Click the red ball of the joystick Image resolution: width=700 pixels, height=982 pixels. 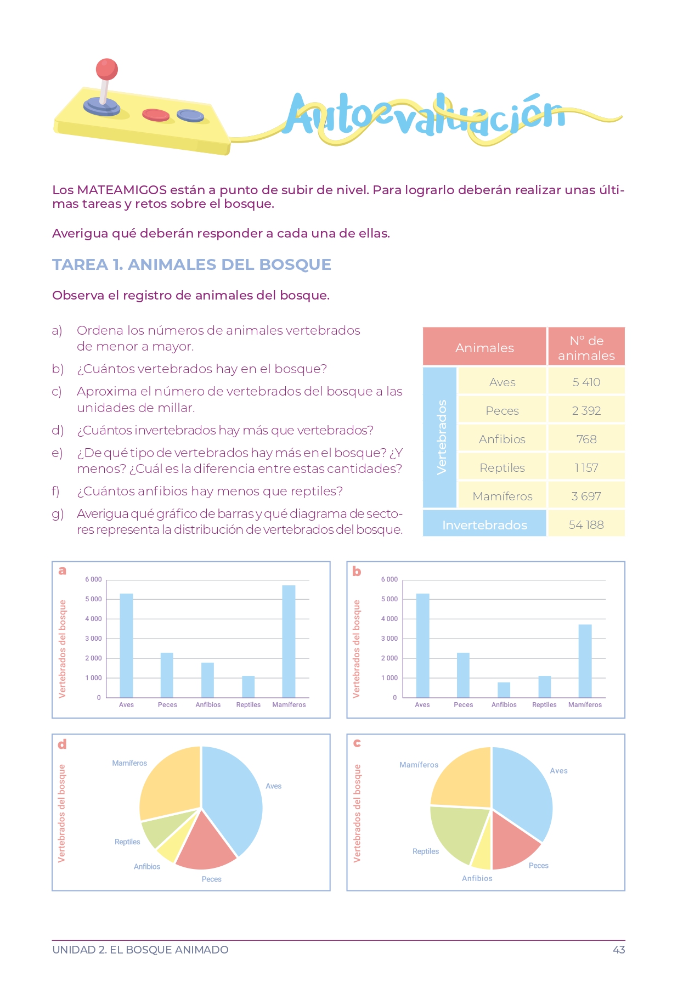(106, 69)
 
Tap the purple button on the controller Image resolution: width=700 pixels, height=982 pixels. (190, 116)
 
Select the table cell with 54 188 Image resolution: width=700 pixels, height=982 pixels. (586, 525)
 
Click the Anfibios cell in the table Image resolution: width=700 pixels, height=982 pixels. (502, 439)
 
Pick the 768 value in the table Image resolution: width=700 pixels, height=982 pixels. (586, 439)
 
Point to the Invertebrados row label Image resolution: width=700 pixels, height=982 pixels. (484, 525)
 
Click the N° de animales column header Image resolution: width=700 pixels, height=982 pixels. (586, 348)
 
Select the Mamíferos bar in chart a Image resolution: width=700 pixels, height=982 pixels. (289, 642)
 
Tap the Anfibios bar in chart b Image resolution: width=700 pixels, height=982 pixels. (504, 690)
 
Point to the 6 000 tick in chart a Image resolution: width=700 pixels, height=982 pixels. (93, 579)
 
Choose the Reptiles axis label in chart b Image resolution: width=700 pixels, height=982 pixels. (544, 705)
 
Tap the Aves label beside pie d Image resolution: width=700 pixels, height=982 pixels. (273, 786)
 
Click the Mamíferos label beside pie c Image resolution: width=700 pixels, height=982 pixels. (419, 765)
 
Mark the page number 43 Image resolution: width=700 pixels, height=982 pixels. (618, 950)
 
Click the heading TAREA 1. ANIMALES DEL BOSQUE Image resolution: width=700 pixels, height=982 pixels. (191, 264)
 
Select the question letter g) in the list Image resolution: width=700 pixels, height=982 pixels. (58, 514)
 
